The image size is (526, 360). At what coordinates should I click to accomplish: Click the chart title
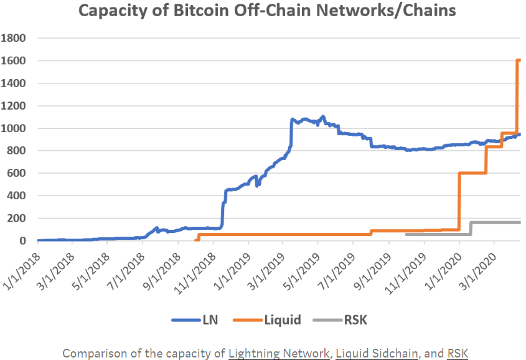point(262,11)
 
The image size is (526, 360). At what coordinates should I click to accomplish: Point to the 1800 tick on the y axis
point(14,38)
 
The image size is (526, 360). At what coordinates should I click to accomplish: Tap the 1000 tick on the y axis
point(14,128)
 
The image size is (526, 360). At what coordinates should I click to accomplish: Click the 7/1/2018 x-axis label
point(127,268)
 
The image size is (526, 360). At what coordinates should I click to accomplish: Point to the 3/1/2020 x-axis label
point(478,268)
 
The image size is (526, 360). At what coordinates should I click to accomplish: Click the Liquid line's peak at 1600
point(519,60)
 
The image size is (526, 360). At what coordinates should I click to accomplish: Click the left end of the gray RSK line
point(406,234)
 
